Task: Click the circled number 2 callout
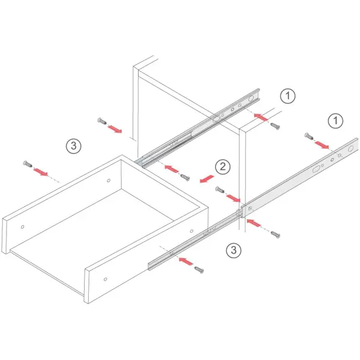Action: tap(223, 167)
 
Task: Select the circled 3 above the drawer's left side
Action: tap(74, 146)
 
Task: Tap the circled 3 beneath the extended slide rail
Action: tap(234, 250)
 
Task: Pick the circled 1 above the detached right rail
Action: tap(335, 121)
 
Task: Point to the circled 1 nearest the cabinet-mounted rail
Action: tap(287, 96)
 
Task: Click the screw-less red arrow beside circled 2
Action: tap(207, 179)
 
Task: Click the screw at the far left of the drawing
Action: tap(28, 164)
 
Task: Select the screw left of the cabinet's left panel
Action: tap(102, 121)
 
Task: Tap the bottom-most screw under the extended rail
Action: tap(199, 270)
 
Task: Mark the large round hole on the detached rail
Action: tap(350, 149)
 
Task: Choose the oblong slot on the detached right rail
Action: tap(316, 169)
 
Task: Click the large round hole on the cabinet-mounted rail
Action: tap(251, 98)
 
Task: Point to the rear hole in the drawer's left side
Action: tap(109, 181)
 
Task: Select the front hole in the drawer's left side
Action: tap(23, 227)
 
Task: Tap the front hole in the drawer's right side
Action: tap(106, 279)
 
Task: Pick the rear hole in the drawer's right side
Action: tap(191, 231)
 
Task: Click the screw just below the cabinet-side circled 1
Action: tap(275, 126)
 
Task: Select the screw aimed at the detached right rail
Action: tap(309, 136)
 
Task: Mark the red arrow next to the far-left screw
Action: tap(40, 172)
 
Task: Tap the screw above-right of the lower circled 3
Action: tap(275, 235)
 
